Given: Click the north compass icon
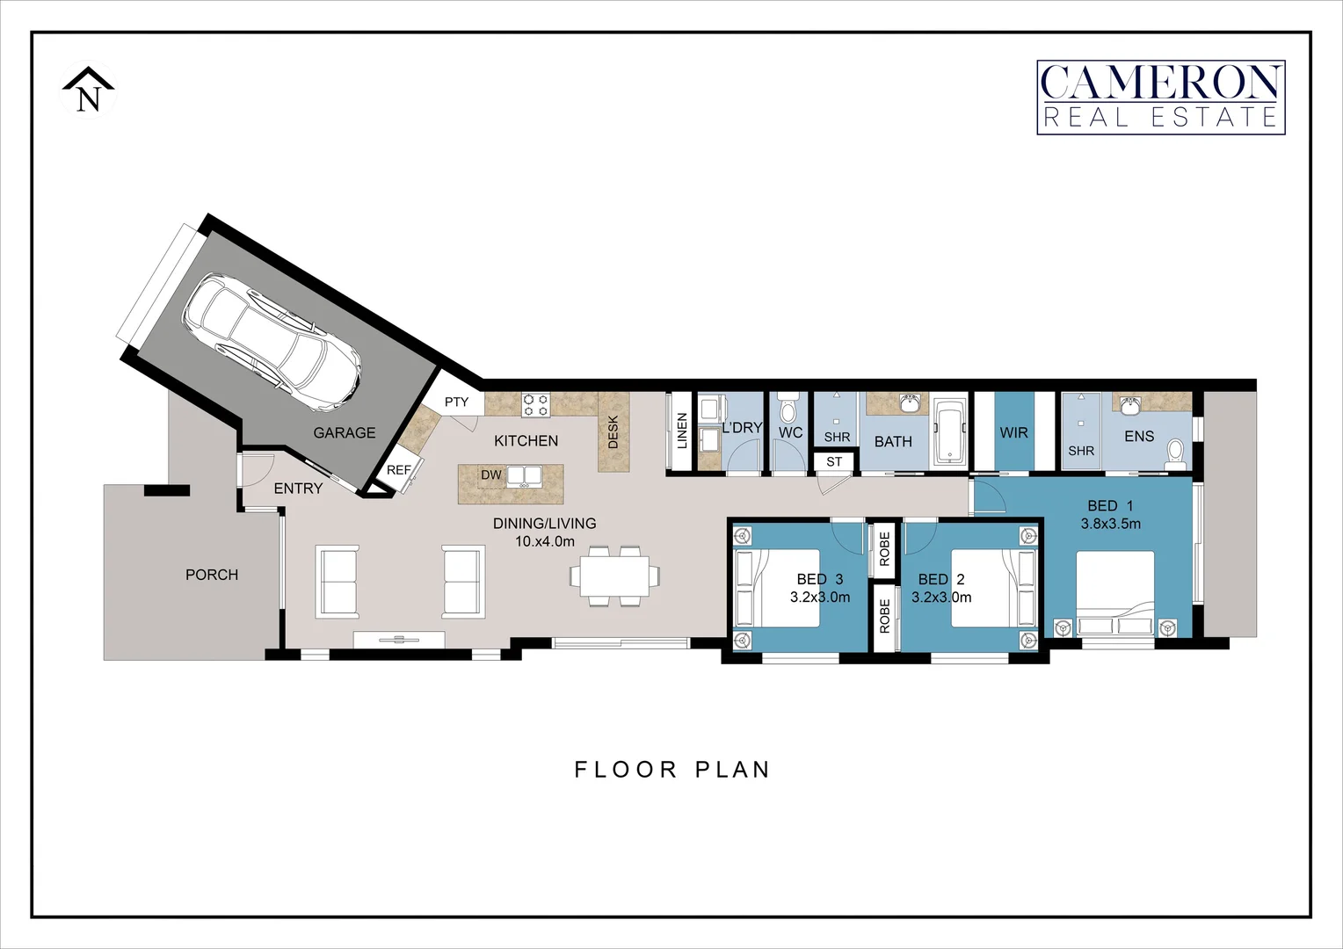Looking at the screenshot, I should [88, 91].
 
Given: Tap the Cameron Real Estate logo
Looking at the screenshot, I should [1160, 98].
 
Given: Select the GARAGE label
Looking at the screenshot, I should [345, 432].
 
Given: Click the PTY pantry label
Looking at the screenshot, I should [456, 402].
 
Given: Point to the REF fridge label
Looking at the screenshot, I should [398, 470].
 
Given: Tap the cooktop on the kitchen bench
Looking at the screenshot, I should [535, 405].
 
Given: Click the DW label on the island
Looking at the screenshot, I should [490, 475].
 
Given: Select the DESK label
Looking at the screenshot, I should [613, 431].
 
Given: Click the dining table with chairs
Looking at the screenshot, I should [615, 576].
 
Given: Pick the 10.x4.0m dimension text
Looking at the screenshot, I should [545, 541].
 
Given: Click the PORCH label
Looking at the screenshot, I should [212, 575].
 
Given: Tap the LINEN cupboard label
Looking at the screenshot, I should [682, 431].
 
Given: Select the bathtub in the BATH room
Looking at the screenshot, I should [949, 431].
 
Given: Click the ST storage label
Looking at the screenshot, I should [834, 461].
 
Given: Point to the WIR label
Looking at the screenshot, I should [1013, 432].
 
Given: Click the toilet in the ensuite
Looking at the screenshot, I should [1174, 453].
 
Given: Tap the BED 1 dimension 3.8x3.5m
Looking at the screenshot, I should [1111, 524].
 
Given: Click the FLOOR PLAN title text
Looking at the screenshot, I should [672, 770].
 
